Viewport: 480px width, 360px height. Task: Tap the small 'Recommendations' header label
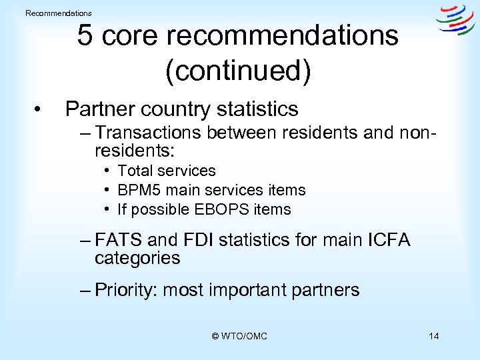tap(59, 13)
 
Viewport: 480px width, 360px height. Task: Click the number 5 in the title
tap(85, 35)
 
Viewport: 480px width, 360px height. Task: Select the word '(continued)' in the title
tap(238, 71)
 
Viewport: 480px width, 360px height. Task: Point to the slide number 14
tap(434, 336)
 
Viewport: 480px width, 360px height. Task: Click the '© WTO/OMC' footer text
tap(239, 336)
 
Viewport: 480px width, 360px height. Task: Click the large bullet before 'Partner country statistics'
tap(41, 109)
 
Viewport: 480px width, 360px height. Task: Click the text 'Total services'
tap(167, 171)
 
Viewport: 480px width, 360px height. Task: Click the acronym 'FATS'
tap(117, 239)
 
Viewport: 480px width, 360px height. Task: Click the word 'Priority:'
tap(126, 290)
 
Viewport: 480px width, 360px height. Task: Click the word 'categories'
tap(137, 258)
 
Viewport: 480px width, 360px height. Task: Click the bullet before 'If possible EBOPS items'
tap(107, 209)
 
